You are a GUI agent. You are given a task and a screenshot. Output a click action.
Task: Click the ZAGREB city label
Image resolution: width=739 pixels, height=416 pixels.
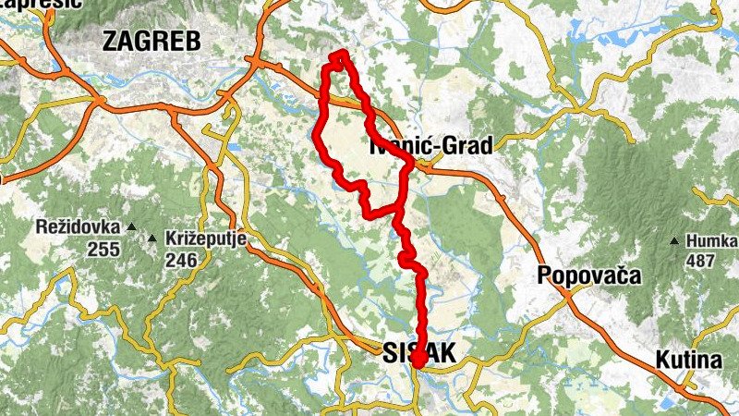[x=151, y=41]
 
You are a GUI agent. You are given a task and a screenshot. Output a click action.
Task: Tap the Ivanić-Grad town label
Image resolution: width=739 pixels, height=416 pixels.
[x=431, y=145]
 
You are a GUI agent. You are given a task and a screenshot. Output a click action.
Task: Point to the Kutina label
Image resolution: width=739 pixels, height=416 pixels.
[x=688, y=360]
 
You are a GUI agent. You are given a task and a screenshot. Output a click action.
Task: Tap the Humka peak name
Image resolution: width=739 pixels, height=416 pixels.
[x=712, y=241]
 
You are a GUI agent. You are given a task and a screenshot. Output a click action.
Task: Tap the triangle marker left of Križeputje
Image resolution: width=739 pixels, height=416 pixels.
[x=153, y=239]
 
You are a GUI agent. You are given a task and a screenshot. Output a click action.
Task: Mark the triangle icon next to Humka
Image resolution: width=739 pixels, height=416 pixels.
[x=675, y=242]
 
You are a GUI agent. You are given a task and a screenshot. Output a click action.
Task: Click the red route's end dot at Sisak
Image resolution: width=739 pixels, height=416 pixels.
[x=417, y=361]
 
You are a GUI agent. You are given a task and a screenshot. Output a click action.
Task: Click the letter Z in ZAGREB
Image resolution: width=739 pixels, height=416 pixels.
[x=113, y=41]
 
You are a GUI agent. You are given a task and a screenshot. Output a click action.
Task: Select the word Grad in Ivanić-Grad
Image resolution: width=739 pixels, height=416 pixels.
[x=468, y=145]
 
